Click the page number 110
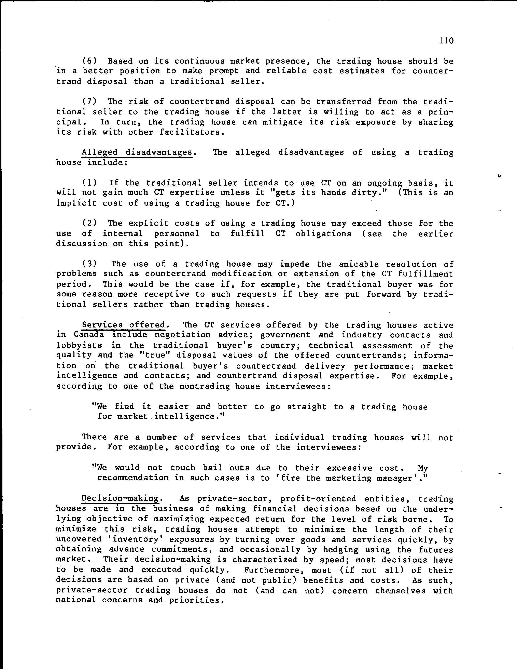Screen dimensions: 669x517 pyautogui.click(x=446, y=41)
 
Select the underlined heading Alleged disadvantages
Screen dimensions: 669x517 pyautogui.click(x=137, y=152)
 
